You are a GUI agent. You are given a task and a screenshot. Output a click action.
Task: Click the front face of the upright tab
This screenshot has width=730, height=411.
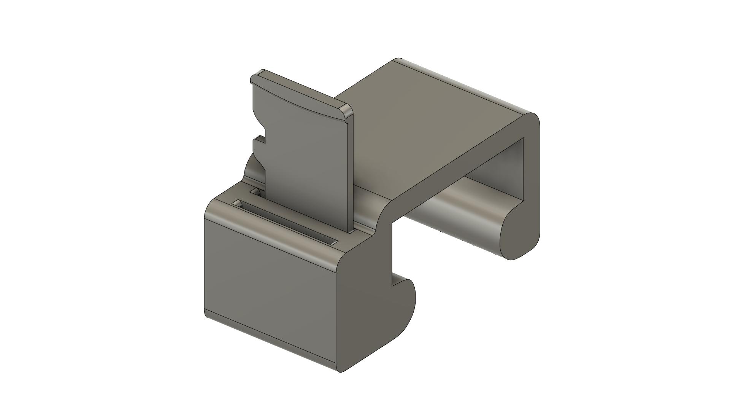point(304,160)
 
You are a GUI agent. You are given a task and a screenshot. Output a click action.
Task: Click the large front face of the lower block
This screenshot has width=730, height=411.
point(270,289)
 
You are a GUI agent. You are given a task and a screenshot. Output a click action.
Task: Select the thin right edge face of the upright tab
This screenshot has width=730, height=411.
point(350,171)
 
